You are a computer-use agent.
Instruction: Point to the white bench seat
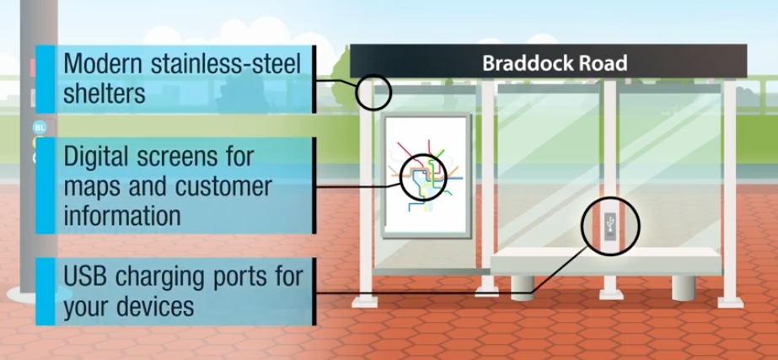tap(606, 261)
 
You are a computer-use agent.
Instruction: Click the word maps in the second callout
tap(95, 185)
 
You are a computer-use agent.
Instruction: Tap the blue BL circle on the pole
tap(38, 127)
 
